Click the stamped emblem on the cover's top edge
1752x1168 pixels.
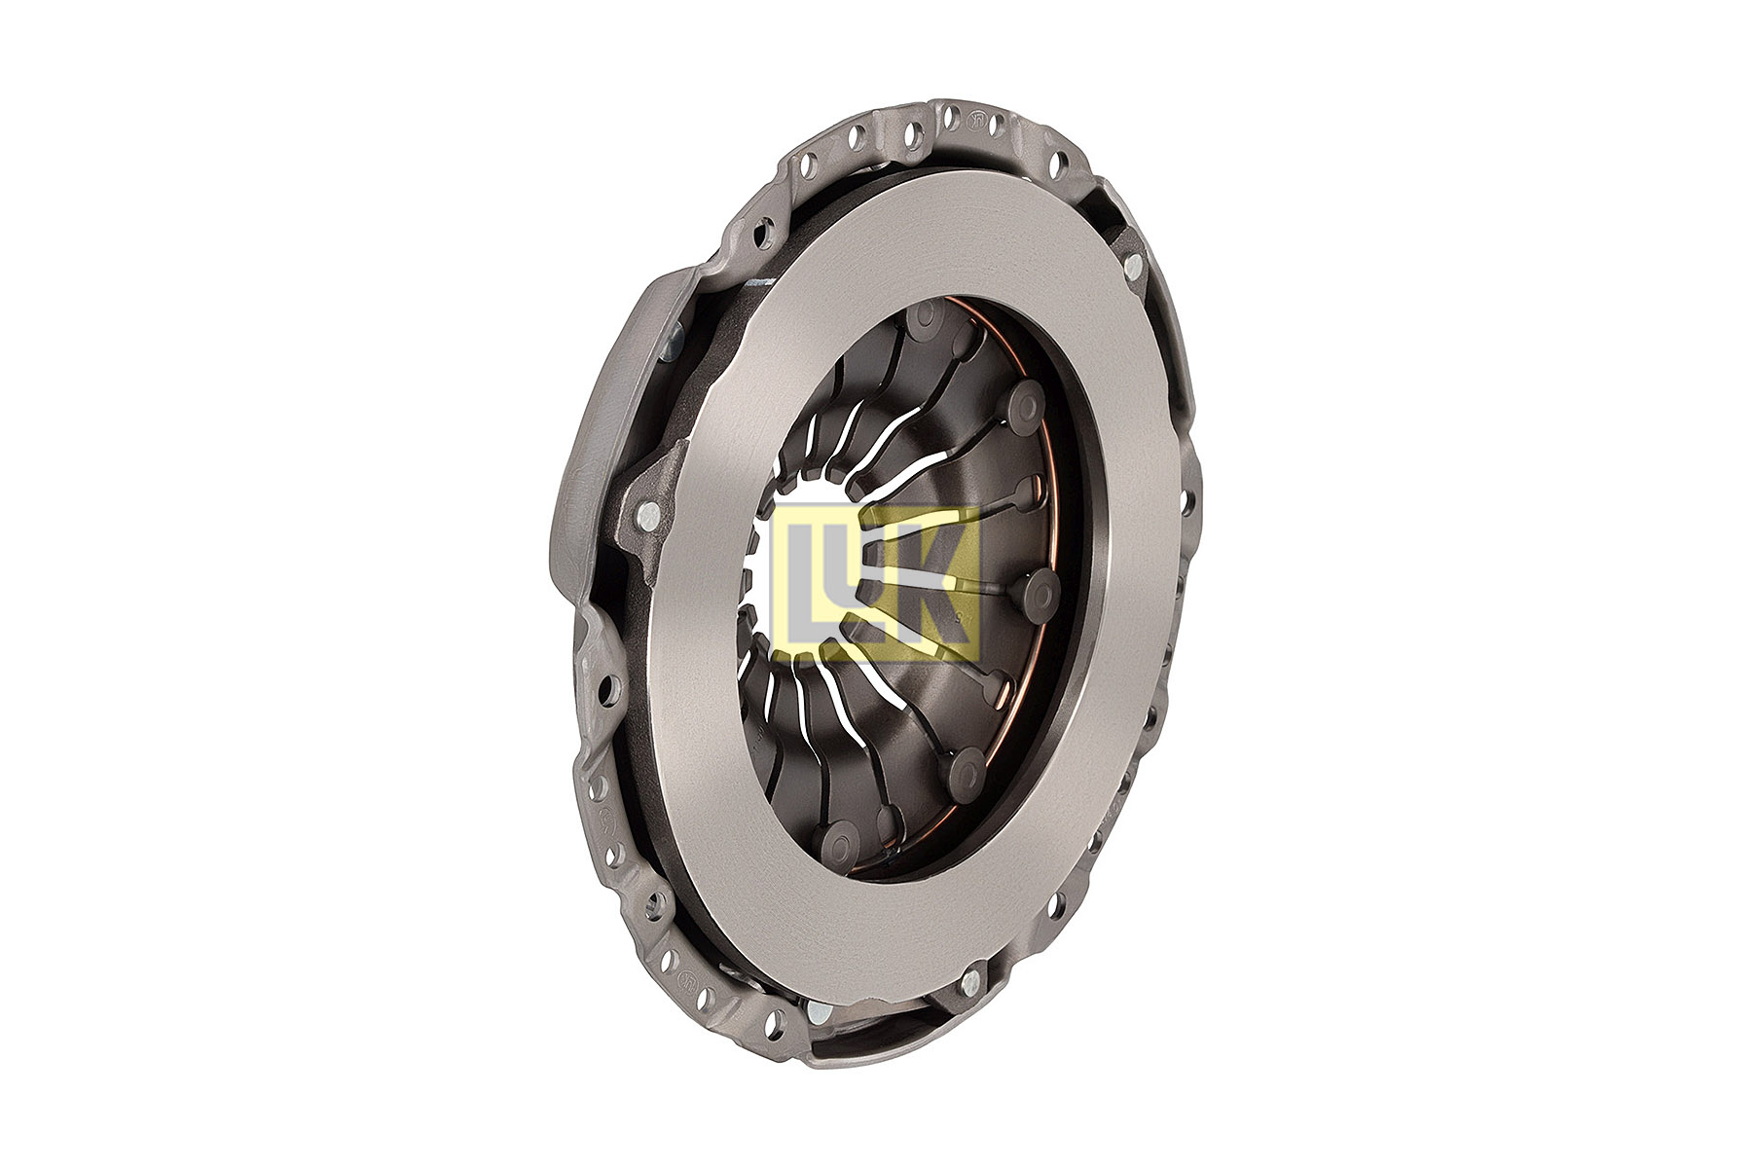(974, 121)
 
